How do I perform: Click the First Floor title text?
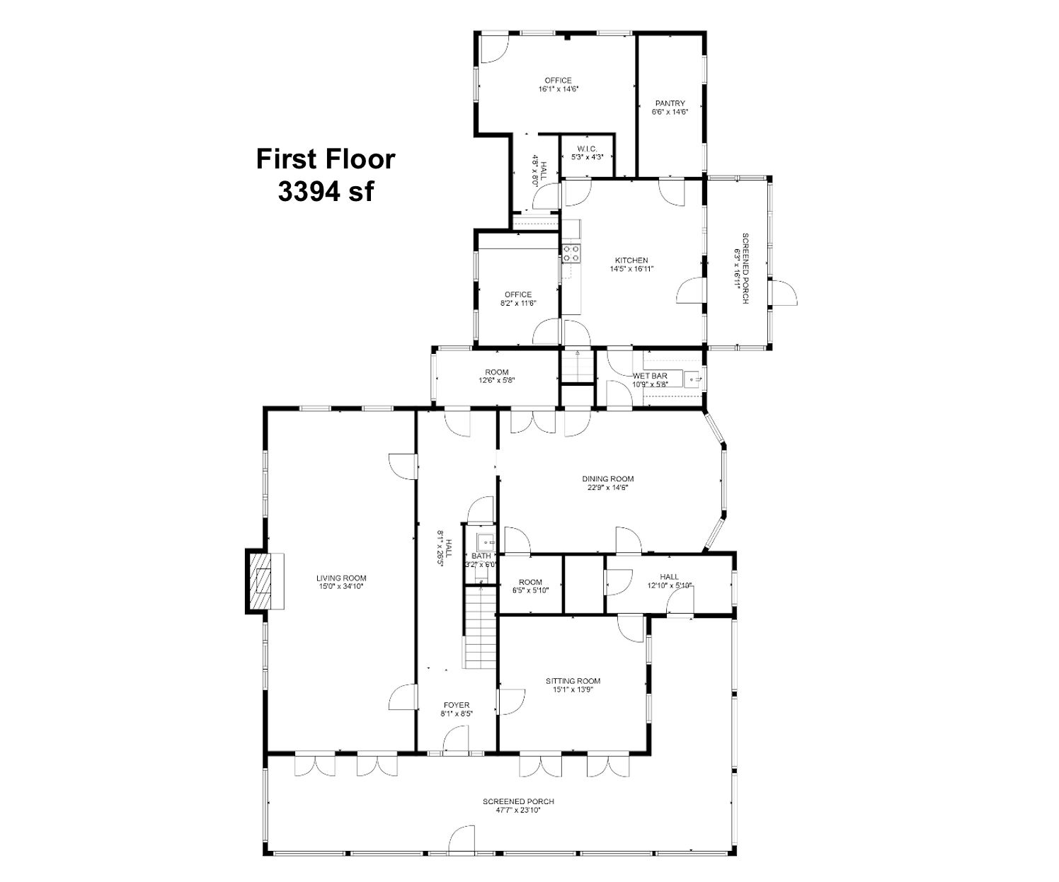pos(326,159)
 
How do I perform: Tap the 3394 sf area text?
pos(326,192)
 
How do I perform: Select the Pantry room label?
pos(670,103)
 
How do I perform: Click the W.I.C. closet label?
pos(588,149)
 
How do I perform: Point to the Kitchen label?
pos(631,260)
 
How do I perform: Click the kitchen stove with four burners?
pos(571,253)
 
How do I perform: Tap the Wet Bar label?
pos(651,376)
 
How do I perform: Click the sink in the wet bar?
pos(693,379)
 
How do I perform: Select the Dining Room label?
pos(607,479)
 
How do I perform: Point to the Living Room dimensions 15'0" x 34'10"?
pos(340,586)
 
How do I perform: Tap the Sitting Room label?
pos(573,681)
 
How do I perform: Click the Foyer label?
pos(457,705)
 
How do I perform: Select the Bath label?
pos(481,556)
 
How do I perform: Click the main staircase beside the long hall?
pos(480,627)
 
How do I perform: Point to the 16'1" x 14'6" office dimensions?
pos(559,88)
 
